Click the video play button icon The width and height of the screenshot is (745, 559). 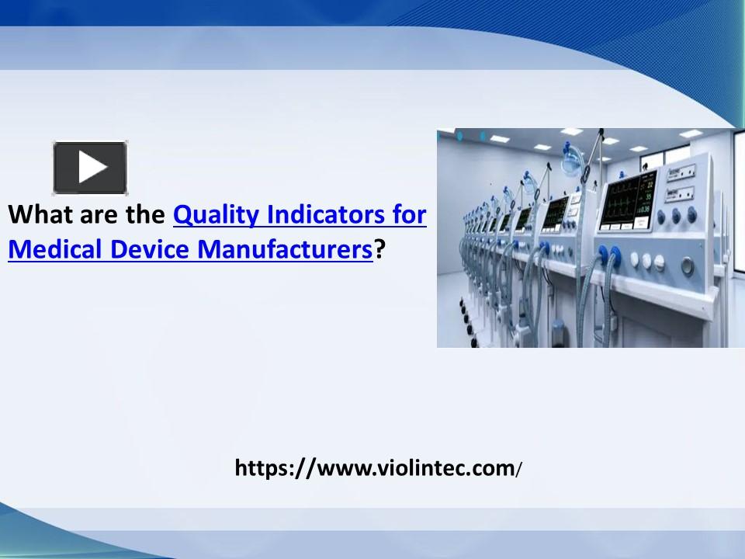(90, 167)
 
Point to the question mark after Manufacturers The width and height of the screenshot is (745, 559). (379, 250)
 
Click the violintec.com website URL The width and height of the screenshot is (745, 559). (379, 467)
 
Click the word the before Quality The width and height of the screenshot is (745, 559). (144, 215)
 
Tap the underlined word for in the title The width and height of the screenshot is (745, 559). (408, 215)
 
